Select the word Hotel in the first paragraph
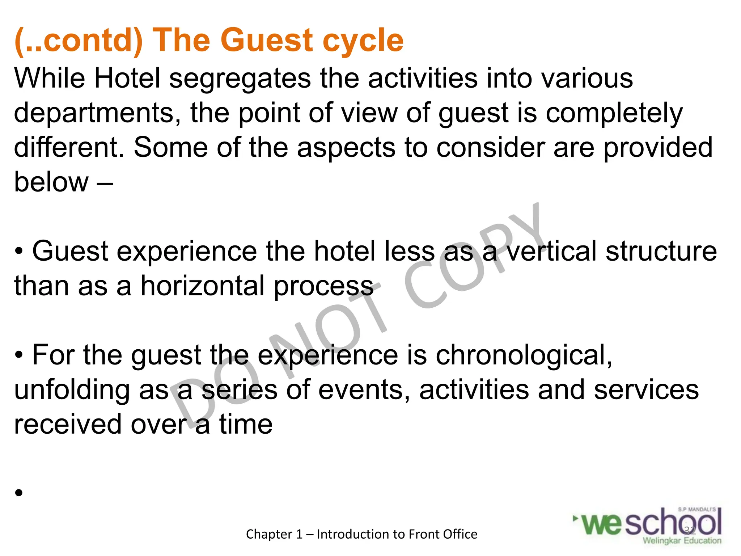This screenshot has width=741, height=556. click(x=127, y=78)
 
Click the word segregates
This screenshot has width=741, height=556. click(x=240, y=79)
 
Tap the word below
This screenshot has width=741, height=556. click(x=51, y=182)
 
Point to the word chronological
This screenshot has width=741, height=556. click(x=524, y=355)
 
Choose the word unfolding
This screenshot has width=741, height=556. click(x=72, y=390)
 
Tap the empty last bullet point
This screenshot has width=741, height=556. click(x=19, y=493)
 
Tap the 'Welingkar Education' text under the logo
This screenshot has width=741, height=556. click(x=682, y=541)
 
